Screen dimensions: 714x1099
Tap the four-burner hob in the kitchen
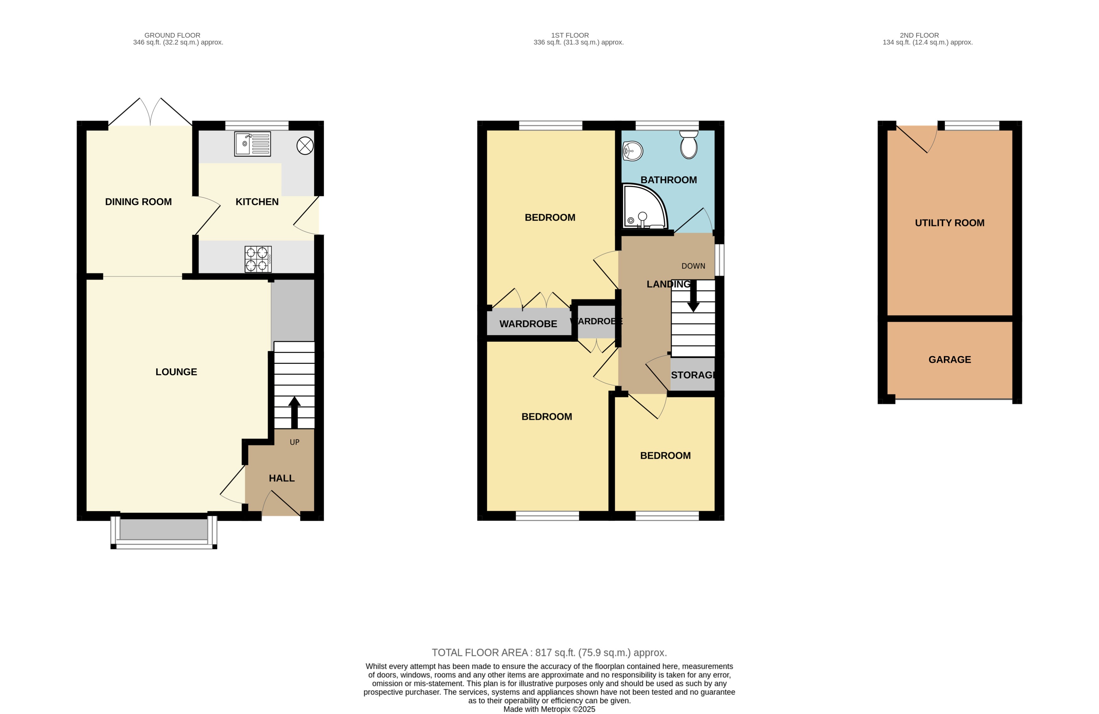(258, 259)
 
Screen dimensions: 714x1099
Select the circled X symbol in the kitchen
(305, 146)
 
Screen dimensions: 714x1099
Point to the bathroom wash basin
(633, 151)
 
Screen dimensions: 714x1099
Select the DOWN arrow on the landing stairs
(693, 296)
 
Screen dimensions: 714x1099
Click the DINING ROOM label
(138, 202)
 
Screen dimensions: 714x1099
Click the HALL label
(282, 478)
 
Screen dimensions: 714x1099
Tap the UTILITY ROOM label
(950, 223)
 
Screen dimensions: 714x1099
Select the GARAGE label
(950, 360)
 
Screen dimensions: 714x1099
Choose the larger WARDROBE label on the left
(528, 324)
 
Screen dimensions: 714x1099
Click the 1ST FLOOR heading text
(570, 35)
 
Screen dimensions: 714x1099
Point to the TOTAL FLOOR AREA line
(549, 652)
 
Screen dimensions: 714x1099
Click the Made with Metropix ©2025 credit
(549, 709)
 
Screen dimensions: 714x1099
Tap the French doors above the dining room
(150, 113)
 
